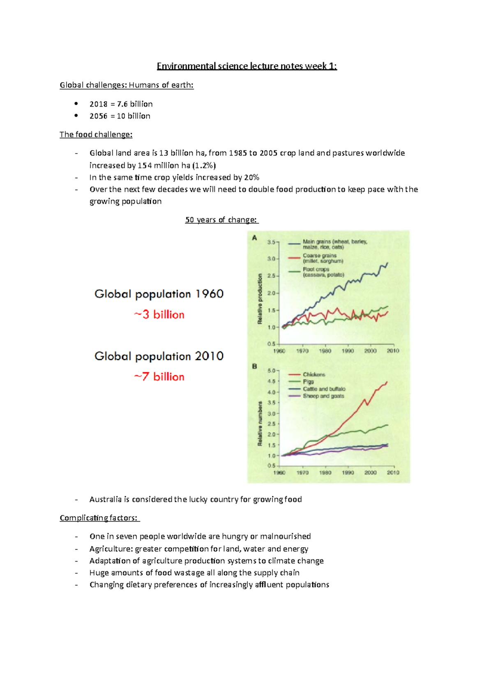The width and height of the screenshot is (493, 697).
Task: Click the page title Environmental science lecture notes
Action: (246, 66)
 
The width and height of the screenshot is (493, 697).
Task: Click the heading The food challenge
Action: (96, 135)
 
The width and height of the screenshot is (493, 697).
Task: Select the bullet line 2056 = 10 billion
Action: (120, 116)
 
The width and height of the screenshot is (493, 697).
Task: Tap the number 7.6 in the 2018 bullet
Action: (122, 104)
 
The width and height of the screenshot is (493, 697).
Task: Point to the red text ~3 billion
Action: (159, 315)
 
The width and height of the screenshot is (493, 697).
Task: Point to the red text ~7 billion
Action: (159, 377)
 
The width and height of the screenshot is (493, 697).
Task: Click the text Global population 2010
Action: (159, 356)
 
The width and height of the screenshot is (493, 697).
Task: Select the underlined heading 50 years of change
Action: (221, 220)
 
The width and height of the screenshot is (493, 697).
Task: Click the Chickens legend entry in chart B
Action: (314, 374)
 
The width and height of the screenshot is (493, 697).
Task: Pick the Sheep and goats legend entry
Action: (323, 396)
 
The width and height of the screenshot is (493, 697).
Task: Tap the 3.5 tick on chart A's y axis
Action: (272, 242)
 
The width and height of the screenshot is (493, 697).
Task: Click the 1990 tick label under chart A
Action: (348, 351)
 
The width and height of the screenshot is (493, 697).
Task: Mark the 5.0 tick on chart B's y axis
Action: (272, 371)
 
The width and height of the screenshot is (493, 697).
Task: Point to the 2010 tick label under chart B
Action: (393, 472)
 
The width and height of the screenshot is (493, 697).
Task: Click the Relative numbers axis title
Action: (260, 424)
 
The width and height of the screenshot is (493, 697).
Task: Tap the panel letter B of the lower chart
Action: (254, 366)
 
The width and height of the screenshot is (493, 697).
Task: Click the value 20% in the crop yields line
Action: (251, 178)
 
